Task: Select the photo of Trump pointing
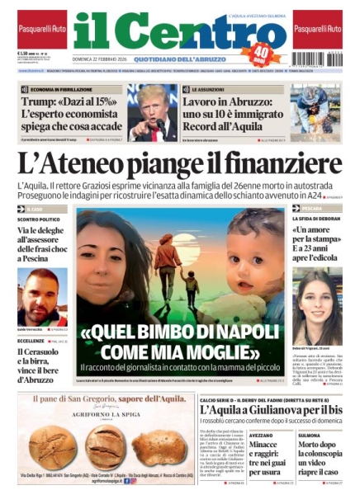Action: coord(153,112)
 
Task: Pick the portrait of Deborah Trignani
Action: coord(315,295)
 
